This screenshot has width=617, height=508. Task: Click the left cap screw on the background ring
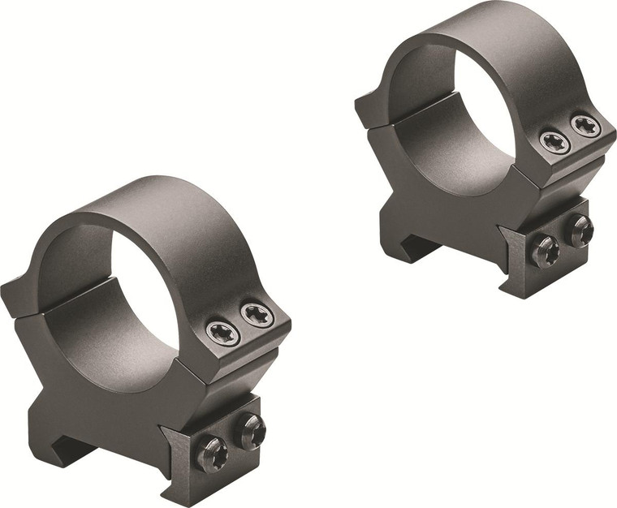pyautogui.click(x=554, y=141)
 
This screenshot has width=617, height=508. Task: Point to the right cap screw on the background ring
pyautogui.click(x=585, y=125)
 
